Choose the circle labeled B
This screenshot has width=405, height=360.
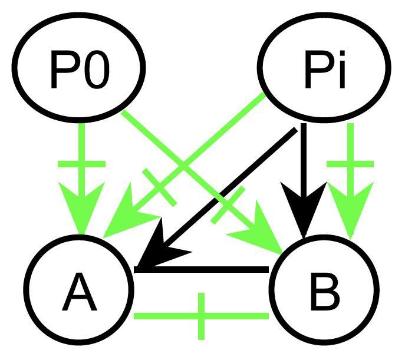coord(323,291)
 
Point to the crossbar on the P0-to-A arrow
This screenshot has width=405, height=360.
coord(82,164)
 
